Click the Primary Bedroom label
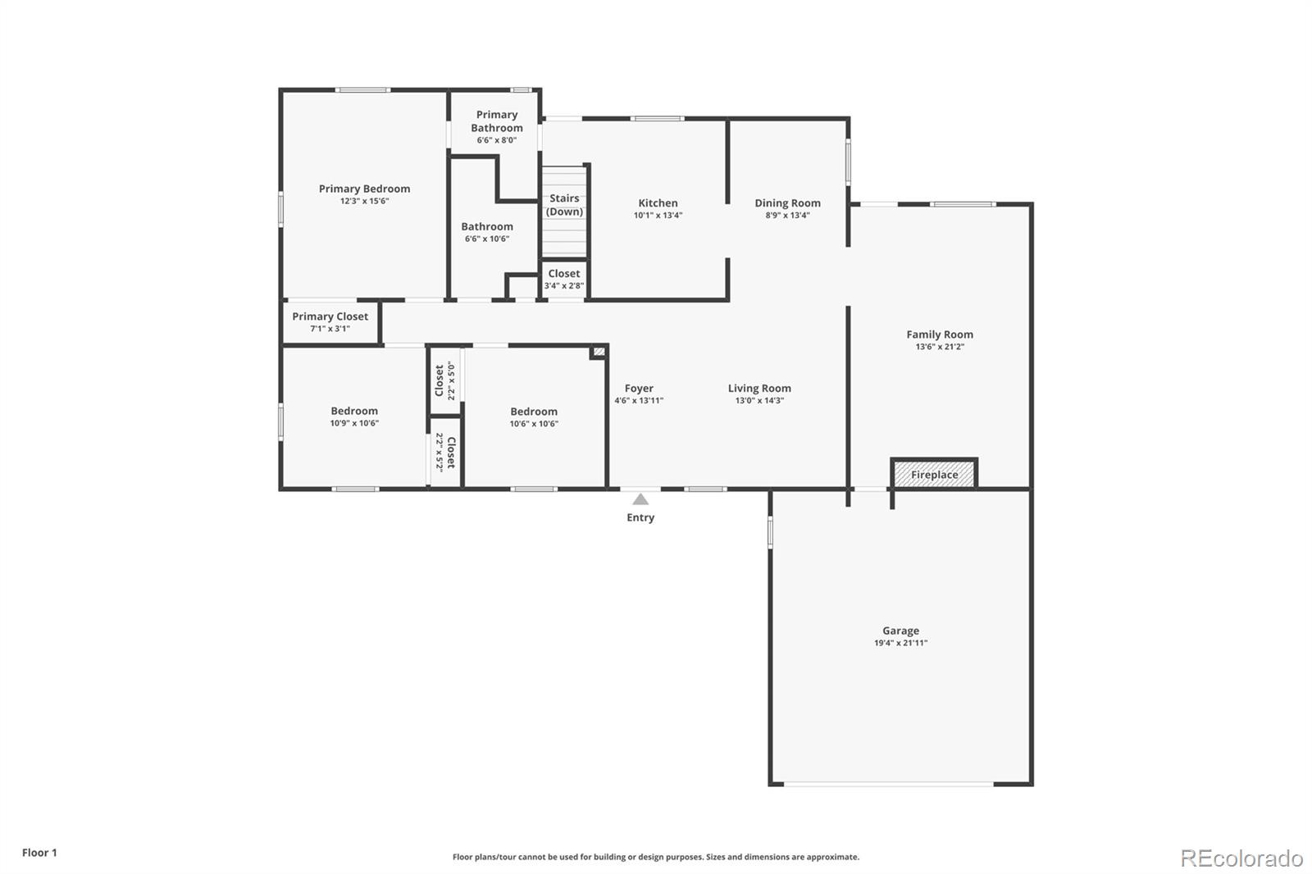coord(364,189)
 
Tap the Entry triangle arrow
coord(640,499)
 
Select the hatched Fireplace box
coord(934,475)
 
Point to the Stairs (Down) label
coord(564,205)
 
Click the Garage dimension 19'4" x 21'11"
coord(900,644)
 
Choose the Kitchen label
coord(658,203)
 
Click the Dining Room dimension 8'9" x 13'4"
coord(787,216)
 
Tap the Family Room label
coord(940,335)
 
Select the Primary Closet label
coord(330,316)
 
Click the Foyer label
coord(639,389)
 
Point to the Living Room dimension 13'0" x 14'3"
coord(759,401)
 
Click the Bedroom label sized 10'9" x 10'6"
coord(354,411)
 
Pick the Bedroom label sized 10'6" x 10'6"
coord(534,412)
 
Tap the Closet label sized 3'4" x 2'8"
coord(564,274)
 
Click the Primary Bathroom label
coord(497,121)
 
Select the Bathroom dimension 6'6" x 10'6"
coord(487,239)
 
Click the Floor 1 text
coord(39,853)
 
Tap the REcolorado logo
coord(1241,858)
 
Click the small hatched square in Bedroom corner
coord(599,352)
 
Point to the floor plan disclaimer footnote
coord(656,857)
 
